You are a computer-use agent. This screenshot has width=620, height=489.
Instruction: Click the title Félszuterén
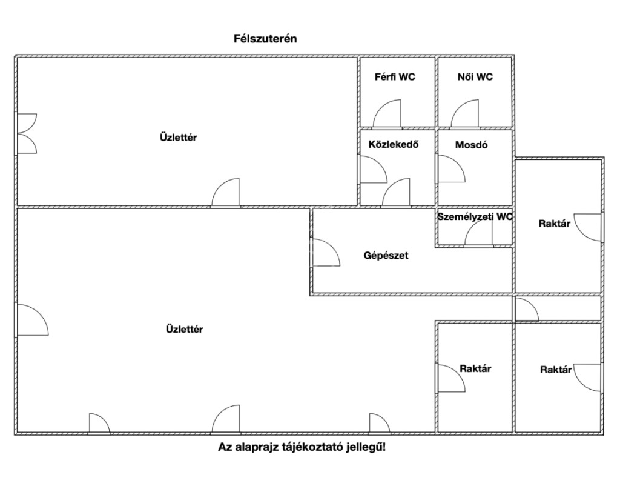click(265, 38)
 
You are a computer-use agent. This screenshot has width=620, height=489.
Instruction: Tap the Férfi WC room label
click(395, 77)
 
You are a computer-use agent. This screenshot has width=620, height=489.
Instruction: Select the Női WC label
click(475, 77)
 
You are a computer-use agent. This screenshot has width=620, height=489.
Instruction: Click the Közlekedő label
click(394, 145)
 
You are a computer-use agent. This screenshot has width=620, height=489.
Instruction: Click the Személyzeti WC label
click(475, 216)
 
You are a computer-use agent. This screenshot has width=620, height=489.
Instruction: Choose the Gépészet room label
click(386, 255)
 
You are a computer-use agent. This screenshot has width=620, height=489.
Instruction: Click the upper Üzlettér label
click(178, 138)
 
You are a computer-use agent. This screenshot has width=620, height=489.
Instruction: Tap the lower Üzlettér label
click(184, 330)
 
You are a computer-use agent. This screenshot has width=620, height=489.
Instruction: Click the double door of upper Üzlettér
click(27, 133)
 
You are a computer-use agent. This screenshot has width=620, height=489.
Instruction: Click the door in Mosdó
click(451, 169)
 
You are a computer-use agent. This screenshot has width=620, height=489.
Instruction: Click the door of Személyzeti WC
click(478, 233)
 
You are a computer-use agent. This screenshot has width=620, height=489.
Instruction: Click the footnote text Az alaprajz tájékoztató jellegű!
click(302, 448)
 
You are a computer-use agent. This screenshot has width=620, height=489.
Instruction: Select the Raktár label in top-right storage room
click(554, 224)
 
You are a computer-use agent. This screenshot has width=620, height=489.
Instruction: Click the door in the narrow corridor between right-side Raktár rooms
click(526, 310)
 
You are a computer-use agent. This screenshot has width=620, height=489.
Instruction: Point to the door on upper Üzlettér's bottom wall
click(225, 193)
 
